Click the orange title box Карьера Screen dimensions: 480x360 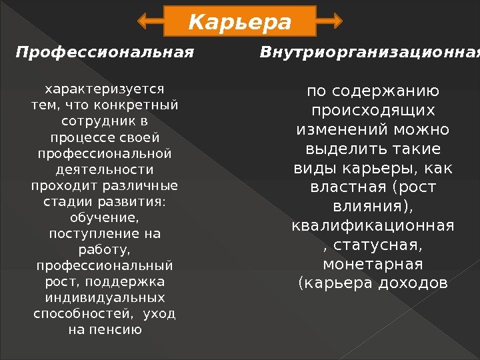pyautogui.click(x=240, y=22)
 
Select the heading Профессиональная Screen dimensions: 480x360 pyautogui.click(x=105, y=51)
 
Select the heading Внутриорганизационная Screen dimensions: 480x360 pyautogui.click(x=369, y=51)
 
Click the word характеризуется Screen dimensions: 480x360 pyautogui.click(x=105, y=89)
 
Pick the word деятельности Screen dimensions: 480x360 pyautogui.click(x=105, y=169)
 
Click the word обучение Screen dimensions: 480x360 pyautogui.click(x=105, y=217)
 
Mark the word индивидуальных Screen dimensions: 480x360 pyautogui.click(x=105, y=297)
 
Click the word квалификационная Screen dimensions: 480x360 pyautogui.click(x=373, y=226)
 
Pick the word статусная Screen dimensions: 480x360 pyautogui.click(x=377, y=246)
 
